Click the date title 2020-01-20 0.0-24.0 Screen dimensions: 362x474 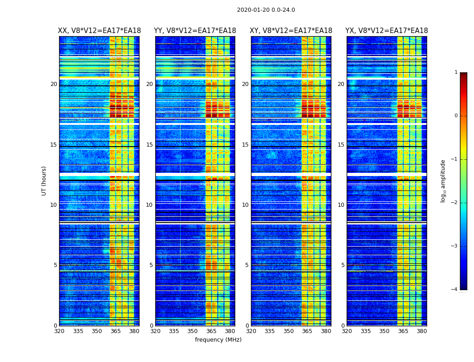pyautogui.click(x=266, y=10)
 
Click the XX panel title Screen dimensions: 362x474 pyautogui.click(x=99, y=31)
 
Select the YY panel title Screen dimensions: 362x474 pyautogui.click(x=195, y=31)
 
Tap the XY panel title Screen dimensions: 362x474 pyautogui.click(x=291, y=31)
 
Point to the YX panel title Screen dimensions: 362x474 pyautogui.click(x=387, y=31)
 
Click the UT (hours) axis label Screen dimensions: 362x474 pyautogui.click(x=44, y=181)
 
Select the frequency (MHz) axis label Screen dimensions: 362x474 pyautogui.click(x=218, y=340)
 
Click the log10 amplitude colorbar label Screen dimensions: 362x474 pyautogui.click(x=443, y=181)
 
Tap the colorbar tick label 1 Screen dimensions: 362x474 pyautogui.click(x=456, y=72)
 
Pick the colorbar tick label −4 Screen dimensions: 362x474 pyautogui.click(x=455, y=290)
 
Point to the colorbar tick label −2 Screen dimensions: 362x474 pyautogui.click(x=455, y=203)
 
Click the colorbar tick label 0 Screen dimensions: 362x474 pyautogui.click(x=456, y=116)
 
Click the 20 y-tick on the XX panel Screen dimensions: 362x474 pyautogui.click(x=54, y=84)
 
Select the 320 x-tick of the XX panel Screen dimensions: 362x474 pyautogui.click(x=59, y=331)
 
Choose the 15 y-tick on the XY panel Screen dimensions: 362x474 pyautogui.click(x=245, y=145)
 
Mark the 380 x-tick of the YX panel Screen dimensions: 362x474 pyautogui.click(x=422, y=331)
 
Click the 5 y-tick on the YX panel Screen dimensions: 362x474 pyautogui.click(x=343, y=265)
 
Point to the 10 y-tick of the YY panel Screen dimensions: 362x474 pyautogui.click(x=149, y=205)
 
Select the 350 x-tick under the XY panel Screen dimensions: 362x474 pyautogui.click(x=288, y=331)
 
